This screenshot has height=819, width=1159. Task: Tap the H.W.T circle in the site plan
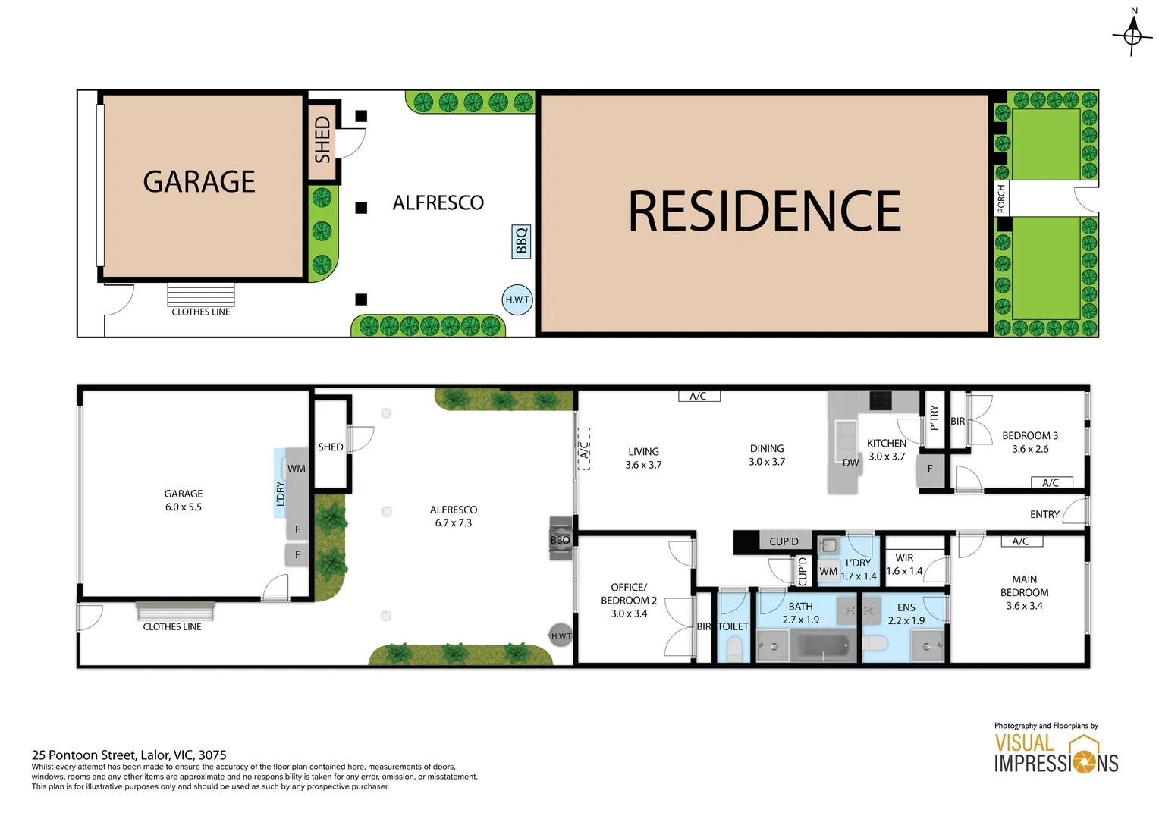pyautogui.click(x=517, y=300)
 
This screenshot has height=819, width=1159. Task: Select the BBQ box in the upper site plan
pyautogui.click(x=521, y=241)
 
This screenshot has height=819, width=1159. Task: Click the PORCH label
pyautogui.click(x=1000, y=199)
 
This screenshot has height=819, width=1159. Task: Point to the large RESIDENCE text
pyautogui.click(x=765, y=210)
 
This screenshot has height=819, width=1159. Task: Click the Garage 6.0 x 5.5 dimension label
pyautogui.click(x=183, y=500)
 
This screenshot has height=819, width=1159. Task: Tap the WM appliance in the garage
pyautogui.click(x=297, y=468)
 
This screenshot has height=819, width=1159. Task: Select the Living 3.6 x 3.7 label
pyautogui.click(x=643, y=458)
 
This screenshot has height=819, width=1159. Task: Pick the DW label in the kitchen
pyautogui.click(x=850, y=463)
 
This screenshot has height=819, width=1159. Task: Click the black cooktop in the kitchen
pyautogui.click(x=880, y=400)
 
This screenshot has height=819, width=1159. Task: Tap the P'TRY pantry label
pyautogui.click(x=934, y=418)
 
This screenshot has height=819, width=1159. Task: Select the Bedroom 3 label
pyautogui.click(x=1030, y=442)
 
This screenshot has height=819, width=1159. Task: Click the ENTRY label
pyautogui.click(x=1044, y=513)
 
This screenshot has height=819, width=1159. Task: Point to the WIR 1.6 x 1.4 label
pyautogui.click(x=904, y=564)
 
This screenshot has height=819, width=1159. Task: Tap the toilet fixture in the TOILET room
pyautogui.click(x=734, y=648)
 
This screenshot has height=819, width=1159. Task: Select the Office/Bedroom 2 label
pyautogui.click(x=629, y=600)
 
